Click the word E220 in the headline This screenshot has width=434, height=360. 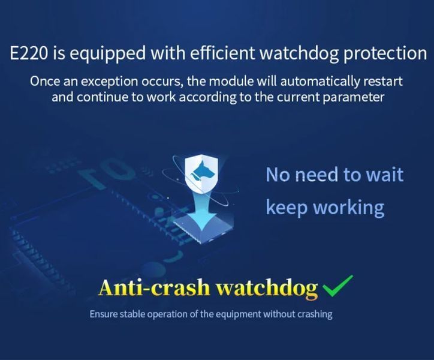tap(28, 53)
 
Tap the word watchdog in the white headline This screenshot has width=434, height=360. tap(299, 53)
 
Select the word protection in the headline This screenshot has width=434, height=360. tap(385, 54)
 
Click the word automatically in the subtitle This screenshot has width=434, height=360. tap(320, 82)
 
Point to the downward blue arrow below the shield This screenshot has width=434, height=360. tap(202, 211)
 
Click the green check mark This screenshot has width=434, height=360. tap(338, 286)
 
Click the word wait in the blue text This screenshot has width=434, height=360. tap(385, 175)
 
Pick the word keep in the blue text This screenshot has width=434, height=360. tap(287, 208)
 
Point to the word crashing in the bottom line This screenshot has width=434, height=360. tap(315, 315)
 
